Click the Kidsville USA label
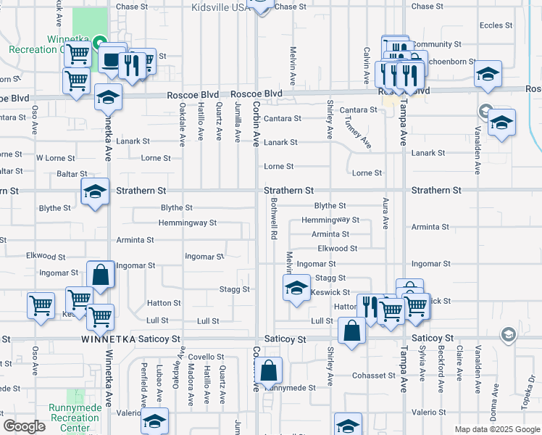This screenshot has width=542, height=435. pos(219,7)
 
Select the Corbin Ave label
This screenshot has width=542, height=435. pos(256,124)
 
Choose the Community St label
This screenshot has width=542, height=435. pos(436,44)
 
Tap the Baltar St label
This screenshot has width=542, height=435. pos(72,175)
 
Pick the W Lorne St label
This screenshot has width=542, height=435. pos(55,158)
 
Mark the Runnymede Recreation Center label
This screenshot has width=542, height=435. pos(75,417)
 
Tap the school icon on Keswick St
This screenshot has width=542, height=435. pos(296,288)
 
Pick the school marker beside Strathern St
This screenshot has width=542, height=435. pos(95,192)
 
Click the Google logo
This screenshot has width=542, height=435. pos(25,427)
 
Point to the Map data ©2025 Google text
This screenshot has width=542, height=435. pos(497,429)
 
